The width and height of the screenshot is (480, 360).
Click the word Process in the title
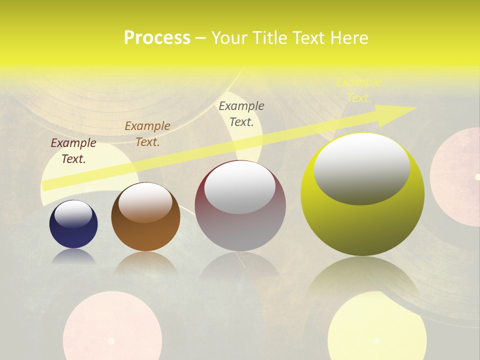[157, 38]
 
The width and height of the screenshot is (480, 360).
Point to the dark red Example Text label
[73, 151]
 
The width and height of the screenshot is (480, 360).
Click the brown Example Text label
[147, 134]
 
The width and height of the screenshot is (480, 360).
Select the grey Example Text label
[241, 114]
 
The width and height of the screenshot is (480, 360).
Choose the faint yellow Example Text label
[358, 90]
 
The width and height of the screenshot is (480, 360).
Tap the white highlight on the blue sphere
[73, 214]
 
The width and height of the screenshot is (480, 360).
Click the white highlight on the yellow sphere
[361, 167]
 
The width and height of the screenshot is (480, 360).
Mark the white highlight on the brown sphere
[145, 201]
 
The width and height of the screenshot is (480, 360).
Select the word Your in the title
[227, 38]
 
